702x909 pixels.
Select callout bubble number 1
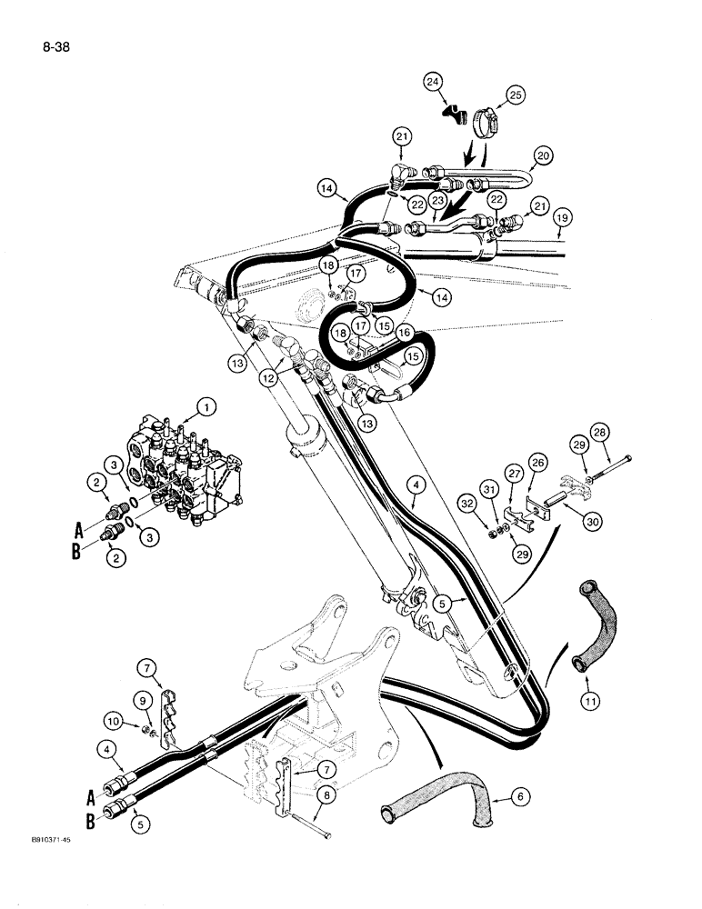(x=208, y=407)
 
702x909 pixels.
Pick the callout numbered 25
(x=516, y=95)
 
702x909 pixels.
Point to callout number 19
(x=562, y=217)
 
